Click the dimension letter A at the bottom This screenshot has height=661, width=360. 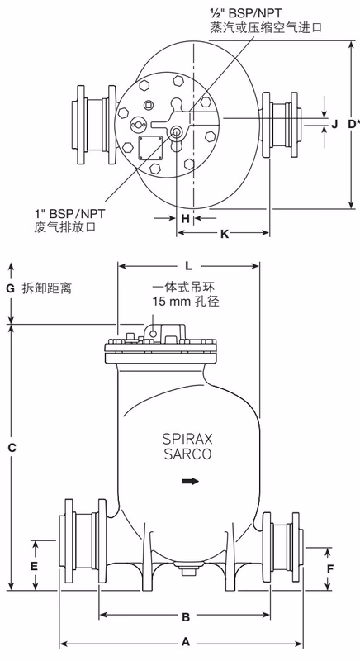(186, 640)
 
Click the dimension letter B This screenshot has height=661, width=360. (186, 616)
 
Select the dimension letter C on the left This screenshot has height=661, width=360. (11, 447)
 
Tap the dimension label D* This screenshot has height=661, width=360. (352, 124)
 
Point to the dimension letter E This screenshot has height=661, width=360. (34, 566)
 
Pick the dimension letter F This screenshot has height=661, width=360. (330, 568)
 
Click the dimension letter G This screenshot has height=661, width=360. (10, 288)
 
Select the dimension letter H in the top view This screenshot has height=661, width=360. (186, 218)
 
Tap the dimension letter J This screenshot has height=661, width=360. (334, 124)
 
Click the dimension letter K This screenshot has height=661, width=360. (224, 235)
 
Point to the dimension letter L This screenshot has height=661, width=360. (189, 266)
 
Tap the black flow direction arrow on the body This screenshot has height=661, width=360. (191, 481)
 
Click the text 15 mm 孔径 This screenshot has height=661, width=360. (186, 302)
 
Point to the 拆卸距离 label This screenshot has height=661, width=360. (50, 289)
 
